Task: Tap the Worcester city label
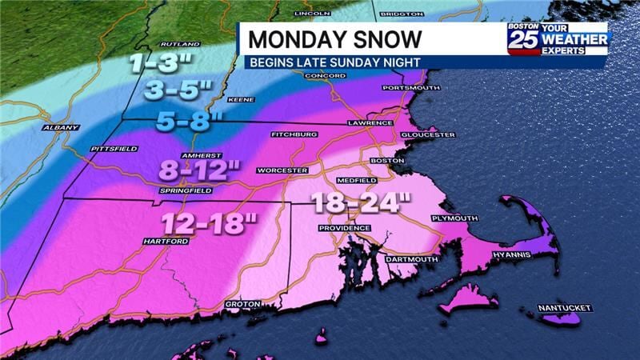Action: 282,170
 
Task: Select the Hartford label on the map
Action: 166,241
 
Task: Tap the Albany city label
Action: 62,127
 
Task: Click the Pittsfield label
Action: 114,149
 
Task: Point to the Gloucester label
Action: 427,135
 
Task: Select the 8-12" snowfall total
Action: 200,169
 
